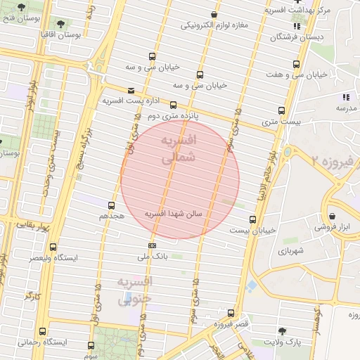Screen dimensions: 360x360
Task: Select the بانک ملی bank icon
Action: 153,245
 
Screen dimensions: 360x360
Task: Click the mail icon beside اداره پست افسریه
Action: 131,90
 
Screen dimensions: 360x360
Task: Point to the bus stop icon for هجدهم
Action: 111,205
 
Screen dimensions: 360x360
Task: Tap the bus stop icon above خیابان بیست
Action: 253,219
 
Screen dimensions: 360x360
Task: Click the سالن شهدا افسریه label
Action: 174,212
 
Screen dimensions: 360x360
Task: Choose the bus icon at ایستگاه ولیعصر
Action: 53,247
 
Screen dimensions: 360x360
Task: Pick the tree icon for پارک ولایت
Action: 282,330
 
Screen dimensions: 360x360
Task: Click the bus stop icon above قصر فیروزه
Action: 231,313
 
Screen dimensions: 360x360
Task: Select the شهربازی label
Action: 290,251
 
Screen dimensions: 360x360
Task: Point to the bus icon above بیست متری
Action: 281,110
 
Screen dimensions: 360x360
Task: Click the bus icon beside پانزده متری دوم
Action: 174,105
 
